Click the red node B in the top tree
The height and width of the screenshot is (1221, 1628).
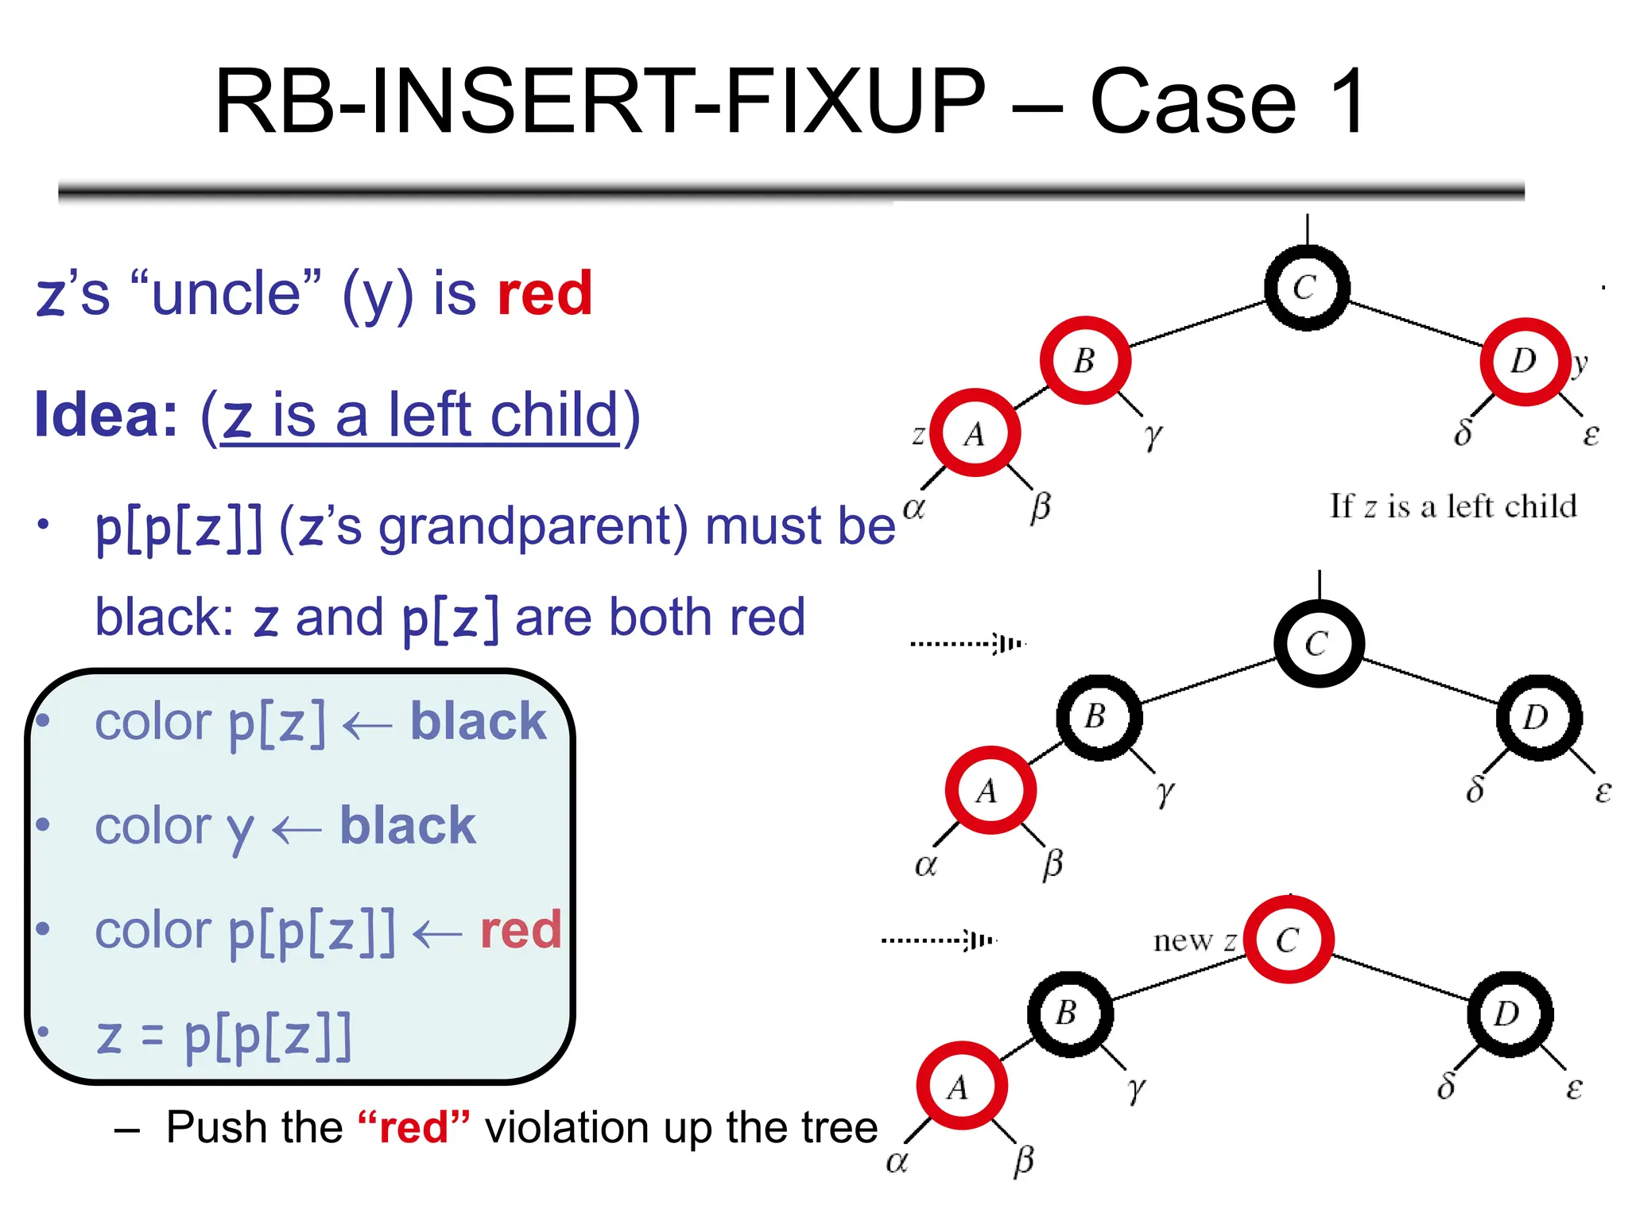pos(1085,360)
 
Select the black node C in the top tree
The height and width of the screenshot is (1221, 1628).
pos(1306,288)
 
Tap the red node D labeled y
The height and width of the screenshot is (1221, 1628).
pos(1525,362)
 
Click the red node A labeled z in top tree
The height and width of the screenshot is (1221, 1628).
pos(975,433)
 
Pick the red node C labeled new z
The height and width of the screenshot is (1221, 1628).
pos(1288,940)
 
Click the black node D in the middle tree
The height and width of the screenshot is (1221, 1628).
pos(1538,717)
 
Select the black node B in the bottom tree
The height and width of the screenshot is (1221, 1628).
pos(1069,1014)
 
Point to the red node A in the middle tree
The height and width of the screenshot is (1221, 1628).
pos(990,790)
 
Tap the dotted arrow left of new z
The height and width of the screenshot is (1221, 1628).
pos(938,940)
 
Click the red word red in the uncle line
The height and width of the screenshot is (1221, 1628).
pos(545,294)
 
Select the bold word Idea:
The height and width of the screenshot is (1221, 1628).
pos(106,415)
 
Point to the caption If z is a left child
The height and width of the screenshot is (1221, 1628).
pos(1452,506)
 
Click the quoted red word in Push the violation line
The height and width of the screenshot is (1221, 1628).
pos(414,1127)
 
